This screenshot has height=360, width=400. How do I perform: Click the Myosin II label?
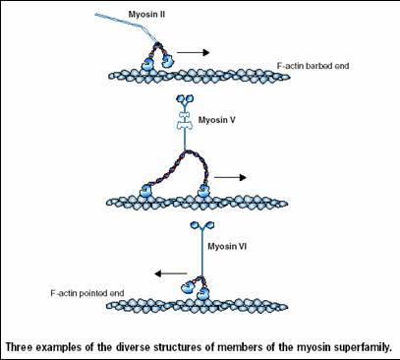coord(146,15)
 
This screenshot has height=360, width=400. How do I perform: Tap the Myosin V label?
coord(217,120)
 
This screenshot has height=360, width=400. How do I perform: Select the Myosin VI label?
coord(227,246)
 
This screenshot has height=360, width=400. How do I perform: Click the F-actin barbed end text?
coord(313,66)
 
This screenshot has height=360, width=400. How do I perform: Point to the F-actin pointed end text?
coord(87,293)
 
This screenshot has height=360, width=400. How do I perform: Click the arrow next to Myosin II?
coord(193,52)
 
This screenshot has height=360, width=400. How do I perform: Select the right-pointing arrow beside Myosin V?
coord(230,177)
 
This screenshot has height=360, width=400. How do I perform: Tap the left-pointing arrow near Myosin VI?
coord(171,273)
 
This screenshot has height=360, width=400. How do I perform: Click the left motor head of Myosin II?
coord(147,64)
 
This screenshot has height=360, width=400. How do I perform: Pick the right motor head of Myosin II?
coord(167,61)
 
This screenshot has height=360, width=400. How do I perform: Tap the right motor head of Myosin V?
coord(203,191)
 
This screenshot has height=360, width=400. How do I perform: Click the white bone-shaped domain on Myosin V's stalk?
coord(185,121)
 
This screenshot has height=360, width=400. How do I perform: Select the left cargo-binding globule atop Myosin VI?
coord(195,225)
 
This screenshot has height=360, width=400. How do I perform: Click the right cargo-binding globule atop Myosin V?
coord(190,98)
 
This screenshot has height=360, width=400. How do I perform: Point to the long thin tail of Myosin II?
coord(126,26)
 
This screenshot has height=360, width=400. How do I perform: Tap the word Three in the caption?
coord(19,347)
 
